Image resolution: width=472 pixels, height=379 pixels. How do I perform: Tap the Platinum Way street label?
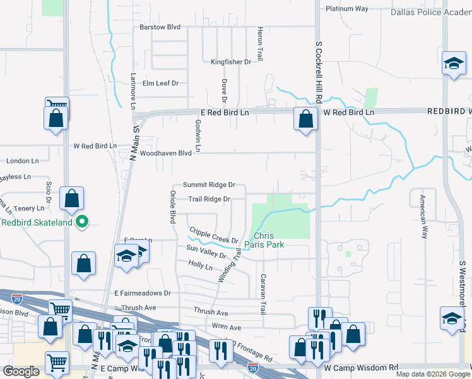click(346, 9)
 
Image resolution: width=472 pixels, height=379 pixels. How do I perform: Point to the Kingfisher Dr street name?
click(230, 62)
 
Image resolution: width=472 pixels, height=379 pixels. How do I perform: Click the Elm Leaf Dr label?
click(161, 83)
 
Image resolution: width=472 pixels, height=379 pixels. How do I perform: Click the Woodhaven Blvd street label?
click(165, 153)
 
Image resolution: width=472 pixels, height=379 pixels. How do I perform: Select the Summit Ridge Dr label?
click(209, 185)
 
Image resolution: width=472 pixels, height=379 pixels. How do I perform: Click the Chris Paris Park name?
click(269, 240)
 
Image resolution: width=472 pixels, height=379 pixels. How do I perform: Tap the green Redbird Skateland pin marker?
click(81, 222)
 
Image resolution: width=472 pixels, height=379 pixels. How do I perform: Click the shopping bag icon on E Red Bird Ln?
click(305, 118)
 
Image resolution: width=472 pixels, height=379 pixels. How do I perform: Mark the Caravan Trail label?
click(263, 294)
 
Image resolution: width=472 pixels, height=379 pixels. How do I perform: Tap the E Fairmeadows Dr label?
click(143, 294)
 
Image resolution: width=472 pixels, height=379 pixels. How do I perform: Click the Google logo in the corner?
click(21, 371)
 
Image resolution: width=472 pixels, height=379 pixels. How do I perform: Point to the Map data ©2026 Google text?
click(432, 374)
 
